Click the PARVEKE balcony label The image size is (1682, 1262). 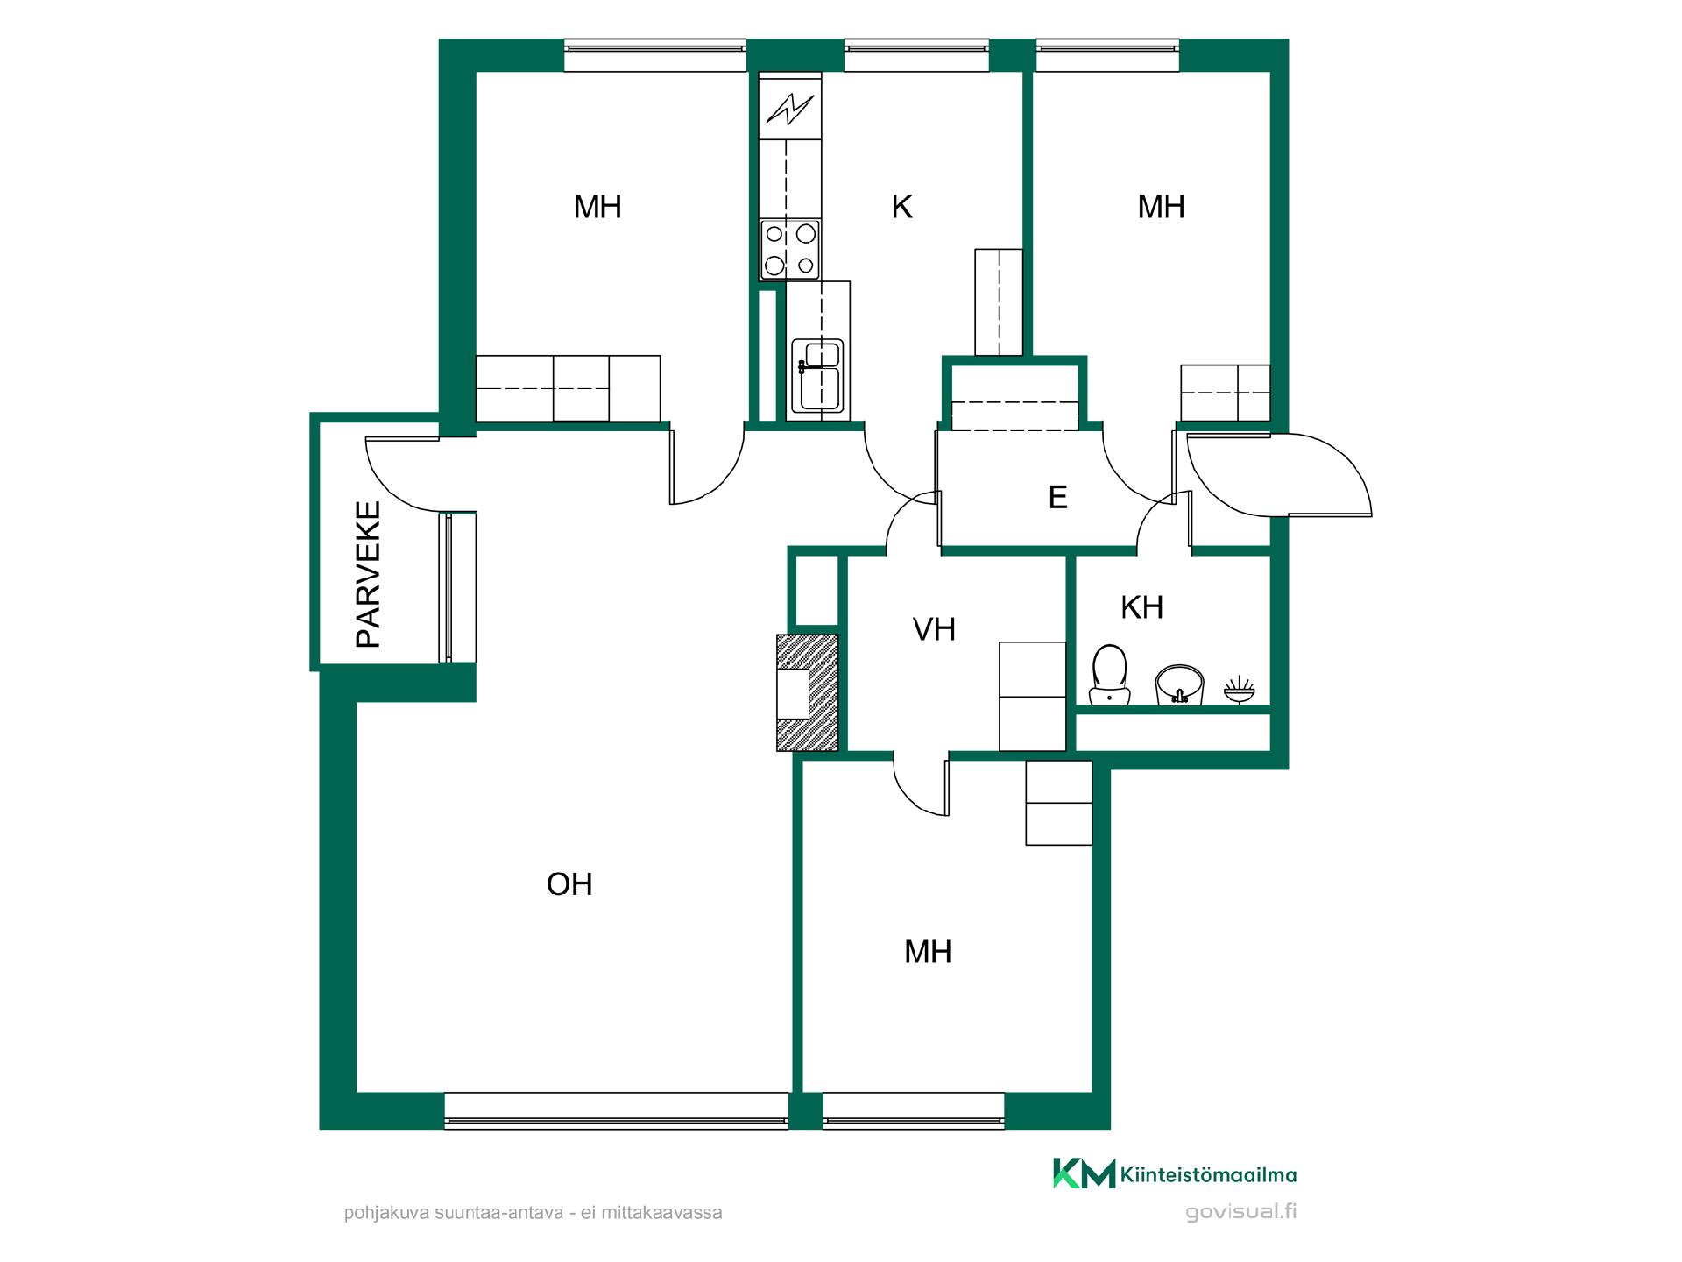point(368,574)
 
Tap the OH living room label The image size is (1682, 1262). point(569,884)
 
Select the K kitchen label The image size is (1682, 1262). point(901,207)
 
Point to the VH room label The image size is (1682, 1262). point(934,629)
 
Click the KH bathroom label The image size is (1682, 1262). point(1141,607)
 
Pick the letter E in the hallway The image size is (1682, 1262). point(1057,498)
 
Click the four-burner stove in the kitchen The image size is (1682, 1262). point(790,249)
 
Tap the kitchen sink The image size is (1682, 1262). point(817,375)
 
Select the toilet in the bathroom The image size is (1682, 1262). point(1109,675)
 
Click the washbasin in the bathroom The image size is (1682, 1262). point(1180,684)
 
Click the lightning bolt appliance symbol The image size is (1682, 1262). point(790,109)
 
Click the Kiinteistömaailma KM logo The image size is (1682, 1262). point(1174,1173)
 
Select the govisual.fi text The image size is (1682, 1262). point(1240,1212)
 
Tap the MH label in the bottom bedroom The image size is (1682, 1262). point(928,952)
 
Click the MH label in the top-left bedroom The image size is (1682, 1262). point(597,207)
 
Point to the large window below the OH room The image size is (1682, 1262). point(617,1110)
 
